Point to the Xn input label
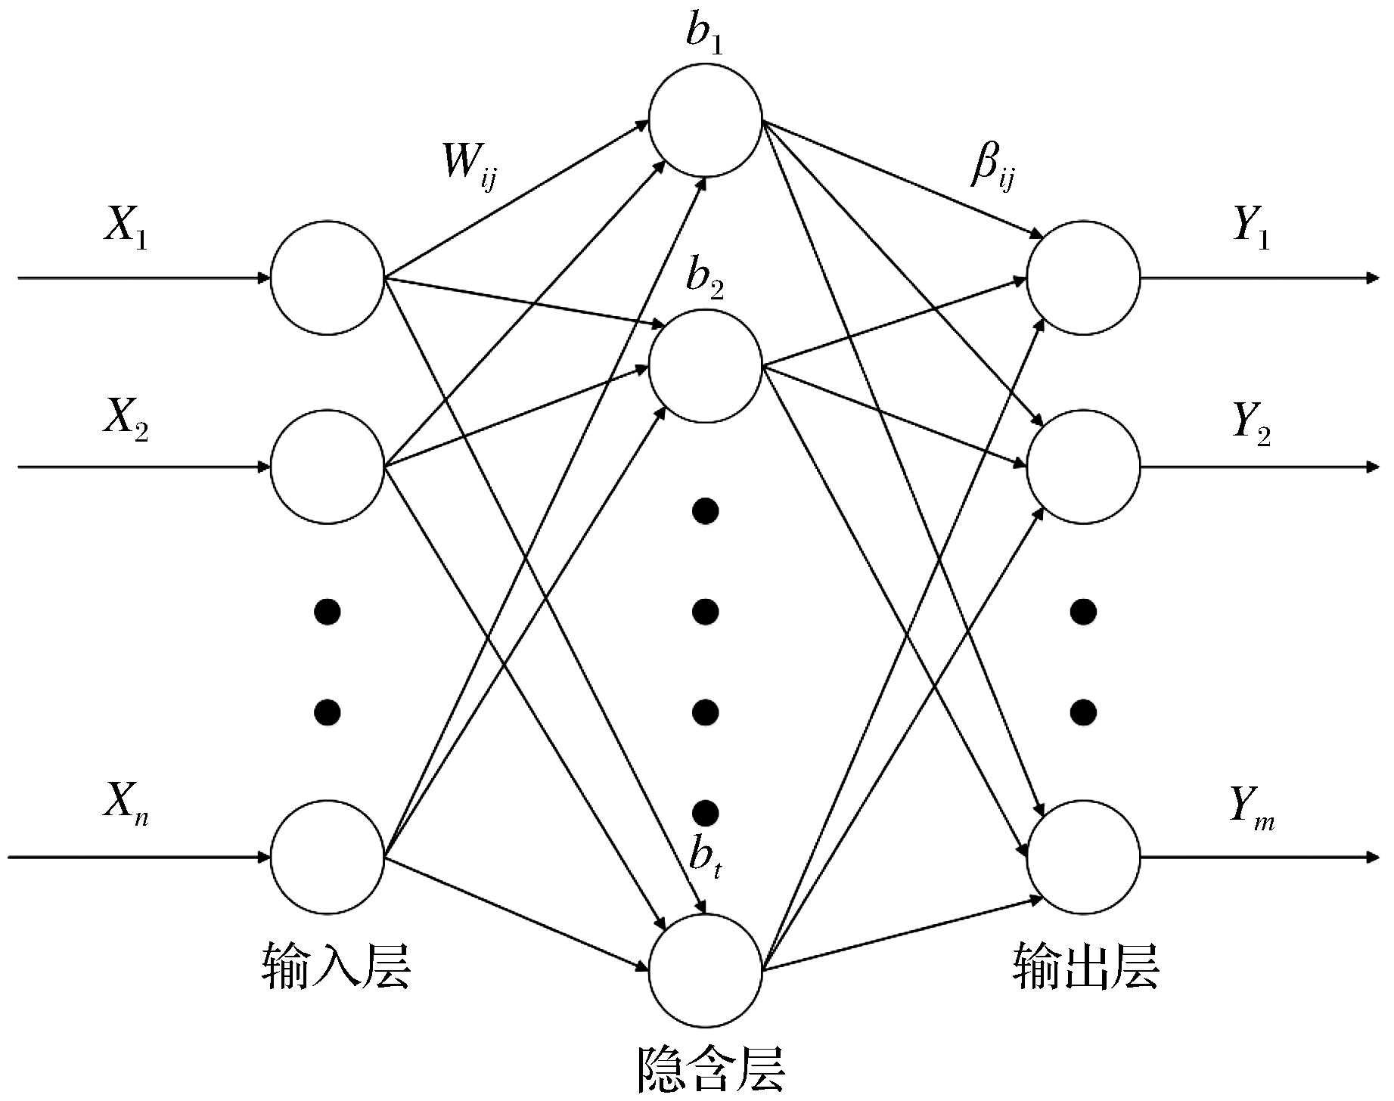(x=126, y=804)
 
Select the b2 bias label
(x=704, y=279)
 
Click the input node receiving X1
(x=328, y=278)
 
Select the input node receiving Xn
(x=328, y=858)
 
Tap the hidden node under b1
(x=705, y=120)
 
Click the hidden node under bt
(x=705, y=969)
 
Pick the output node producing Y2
(x=1083, y=467)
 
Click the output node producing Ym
(x=1083, y=858)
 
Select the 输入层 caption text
(x=336, y=966)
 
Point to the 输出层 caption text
(x=1085, y=966)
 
